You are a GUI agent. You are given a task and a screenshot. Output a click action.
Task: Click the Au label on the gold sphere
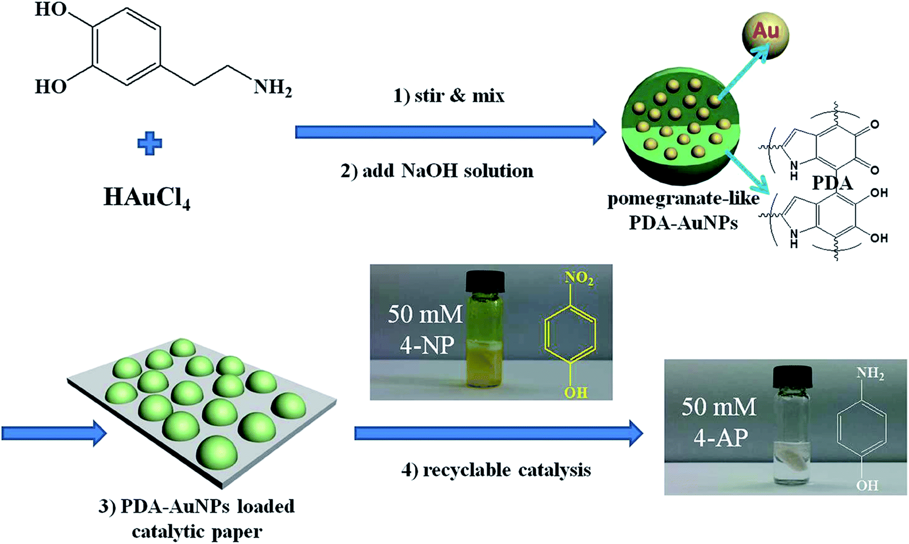click(x=765, y=30)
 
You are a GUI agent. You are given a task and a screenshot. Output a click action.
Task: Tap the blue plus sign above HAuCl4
click(x=150, y=144)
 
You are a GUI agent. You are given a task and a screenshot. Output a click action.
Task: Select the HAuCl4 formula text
click(x=147, y=197)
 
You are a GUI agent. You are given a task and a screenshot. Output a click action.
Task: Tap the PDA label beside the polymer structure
click(x=832, y=183)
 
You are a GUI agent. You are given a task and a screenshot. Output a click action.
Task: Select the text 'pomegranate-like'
click(x=683, y=198)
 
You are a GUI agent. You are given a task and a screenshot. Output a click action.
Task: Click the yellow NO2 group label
click(x=579, y=279)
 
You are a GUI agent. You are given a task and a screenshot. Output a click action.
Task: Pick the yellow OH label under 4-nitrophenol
click(x=576, y=393)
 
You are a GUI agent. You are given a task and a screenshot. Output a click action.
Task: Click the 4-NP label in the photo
click(x=427, y=345)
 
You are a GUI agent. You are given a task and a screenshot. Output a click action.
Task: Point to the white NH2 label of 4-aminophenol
click(x=870, y=373)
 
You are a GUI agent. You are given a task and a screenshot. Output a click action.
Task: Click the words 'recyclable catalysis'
click(x=507, y=470)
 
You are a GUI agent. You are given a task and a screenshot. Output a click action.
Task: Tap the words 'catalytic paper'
click(x=197, y=531)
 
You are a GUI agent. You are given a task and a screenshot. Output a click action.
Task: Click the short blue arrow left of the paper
click(x=54, y=433)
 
